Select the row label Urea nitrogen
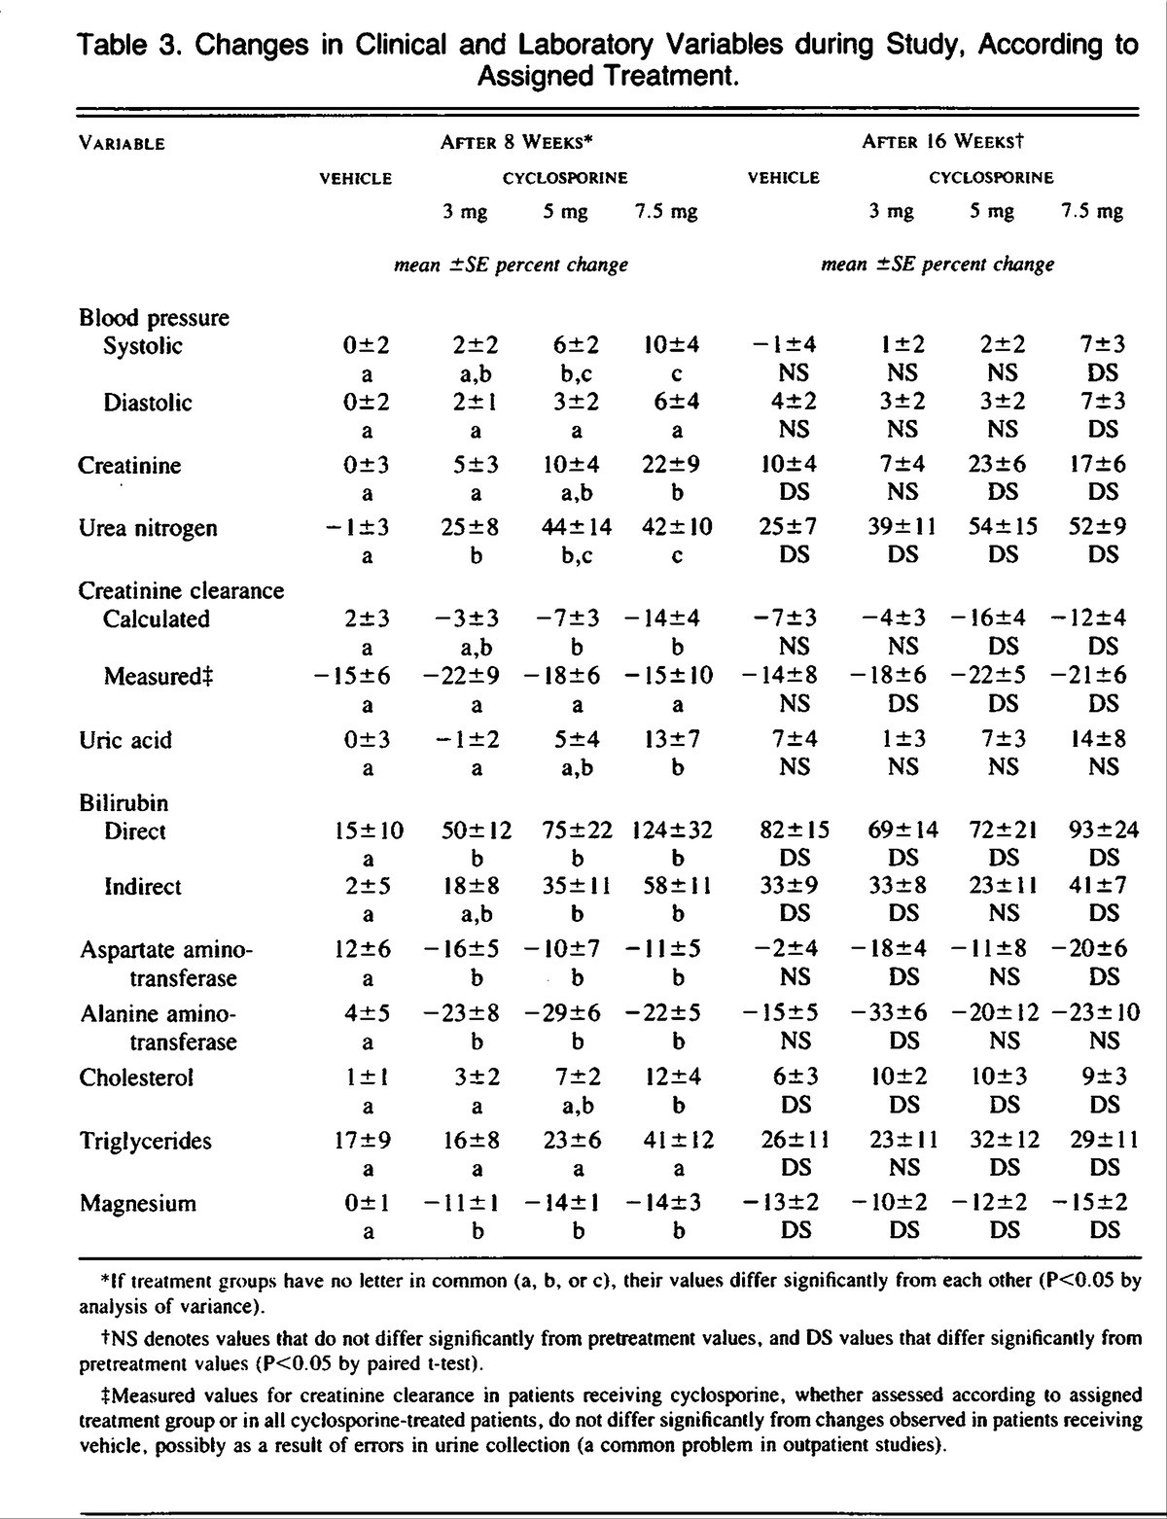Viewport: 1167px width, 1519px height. (x=147, y=528)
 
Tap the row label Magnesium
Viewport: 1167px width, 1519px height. (x=137, y=1203)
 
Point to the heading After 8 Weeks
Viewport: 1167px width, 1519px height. (x=516, y=141)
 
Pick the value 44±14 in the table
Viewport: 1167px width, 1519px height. (x=577, y=527)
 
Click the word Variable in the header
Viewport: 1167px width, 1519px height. (x=122, y=144)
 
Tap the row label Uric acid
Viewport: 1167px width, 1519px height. (x=125, y=740)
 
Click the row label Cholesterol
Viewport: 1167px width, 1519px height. (x=136, y=1077)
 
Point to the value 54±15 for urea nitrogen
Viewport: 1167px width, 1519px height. (x=1003, y=527)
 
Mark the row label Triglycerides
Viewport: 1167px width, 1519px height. (x=145, y=1141)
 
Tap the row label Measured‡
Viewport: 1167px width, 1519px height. (x=158, y=676)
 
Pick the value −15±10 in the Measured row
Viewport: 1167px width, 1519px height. (x=668, y=675)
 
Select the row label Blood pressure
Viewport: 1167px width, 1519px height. (x=154, y=318)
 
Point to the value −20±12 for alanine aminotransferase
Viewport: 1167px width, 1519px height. (x=996, y=1013)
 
